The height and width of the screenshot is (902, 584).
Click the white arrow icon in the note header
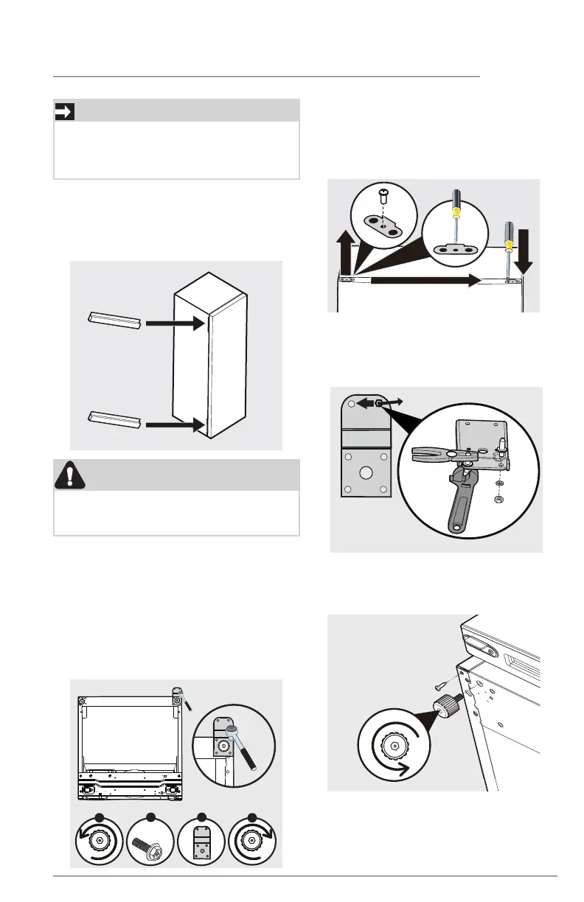point(65,111)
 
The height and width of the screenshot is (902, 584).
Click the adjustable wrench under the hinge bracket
point(456,501)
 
